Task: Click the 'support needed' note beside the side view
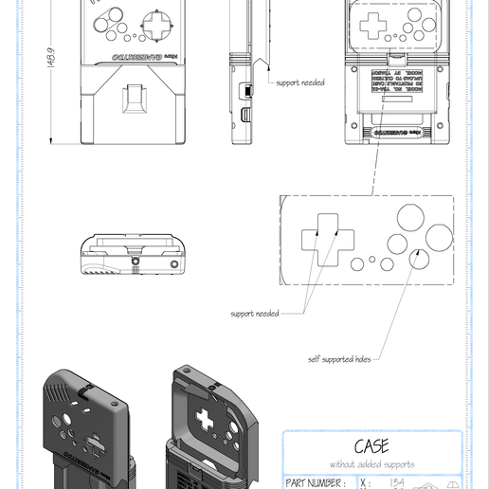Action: pos(299,82)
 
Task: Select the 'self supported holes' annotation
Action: pos(340,359)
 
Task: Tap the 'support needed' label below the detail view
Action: pos(255,313)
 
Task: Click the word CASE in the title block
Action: pos(372,446)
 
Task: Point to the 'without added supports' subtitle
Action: pos(372,464)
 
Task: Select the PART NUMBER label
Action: pos(315,482)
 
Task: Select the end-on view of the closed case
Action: pos(133,254)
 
